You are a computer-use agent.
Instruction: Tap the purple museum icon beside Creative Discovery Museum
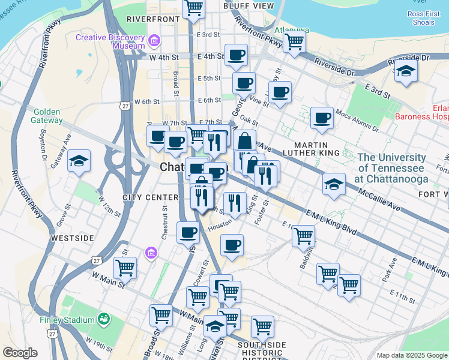[x=155, y=41]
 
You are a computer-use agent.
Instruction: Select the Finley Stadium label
[x=67, y=320]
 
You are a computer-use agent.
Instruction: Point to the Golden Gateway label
[x=48, y=116]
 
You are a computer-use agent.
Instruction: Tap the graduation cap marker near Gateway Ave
[x=79, y=161]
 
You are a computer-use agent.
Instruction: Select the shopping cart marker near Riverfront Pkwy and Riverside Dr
[x=295, y=43]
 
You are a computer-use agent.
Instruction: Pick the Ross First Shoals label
[x=424, y=18]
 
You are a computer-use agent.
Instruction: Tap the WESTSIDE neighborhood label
[x=73, y=238]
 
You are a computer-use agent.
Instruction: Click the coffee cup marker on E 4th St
[x=236, y=55]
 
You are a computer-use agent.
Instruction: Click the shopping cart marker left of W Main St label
[x=125, y=268]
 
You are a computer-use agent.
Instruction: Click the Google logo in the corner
[x=20, y=352]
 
